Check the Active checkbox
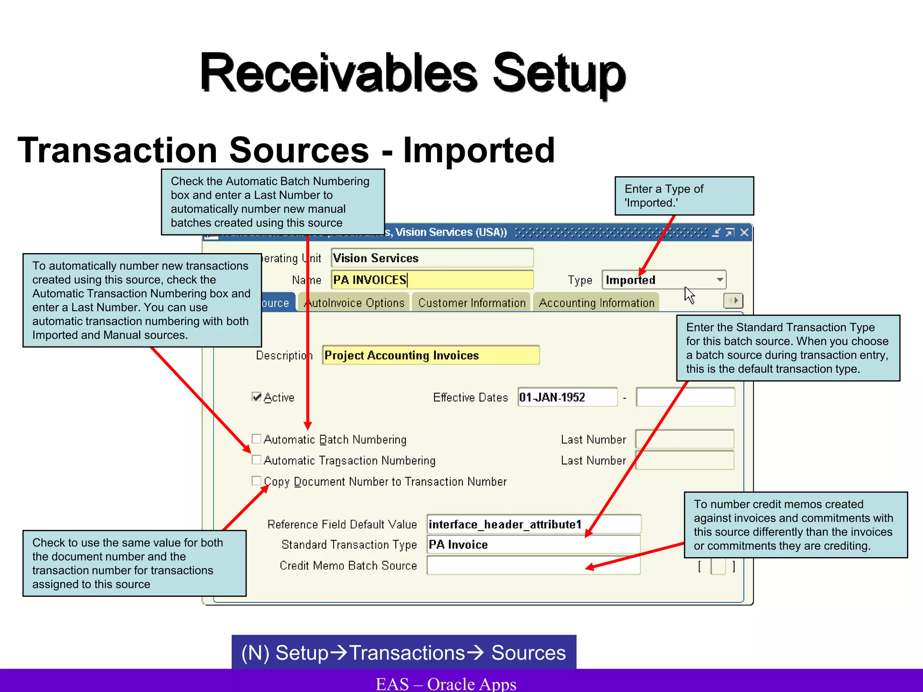tap(256, 397)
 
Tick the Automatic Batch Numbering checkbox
tap(256, 439)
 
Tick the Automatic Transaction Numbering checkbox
tap(256, 460)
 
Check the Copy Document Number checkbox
tap(256, 481)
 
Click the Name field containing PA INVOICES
tap(432, 280)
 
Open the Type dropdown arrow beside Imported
tap(720, 280)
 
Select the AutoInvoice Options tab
tap(355, 303)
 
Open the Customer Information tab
tap(471, 303)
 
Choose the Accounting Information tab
tap(596, 303)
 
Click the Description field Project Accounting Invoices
tap(431, 355)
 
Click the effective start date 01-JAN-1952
tap(567, 397)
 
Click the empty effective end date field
tap(685, 397)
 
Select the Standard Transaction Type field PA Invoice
tap(533, 545)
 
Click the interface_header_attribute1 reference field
tap(533, 524)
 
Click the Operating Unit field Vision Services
tap(432, 258)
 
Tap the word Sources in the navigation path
tap(528, 653)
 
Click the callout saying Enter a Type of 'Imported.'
tap(684, 196)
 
